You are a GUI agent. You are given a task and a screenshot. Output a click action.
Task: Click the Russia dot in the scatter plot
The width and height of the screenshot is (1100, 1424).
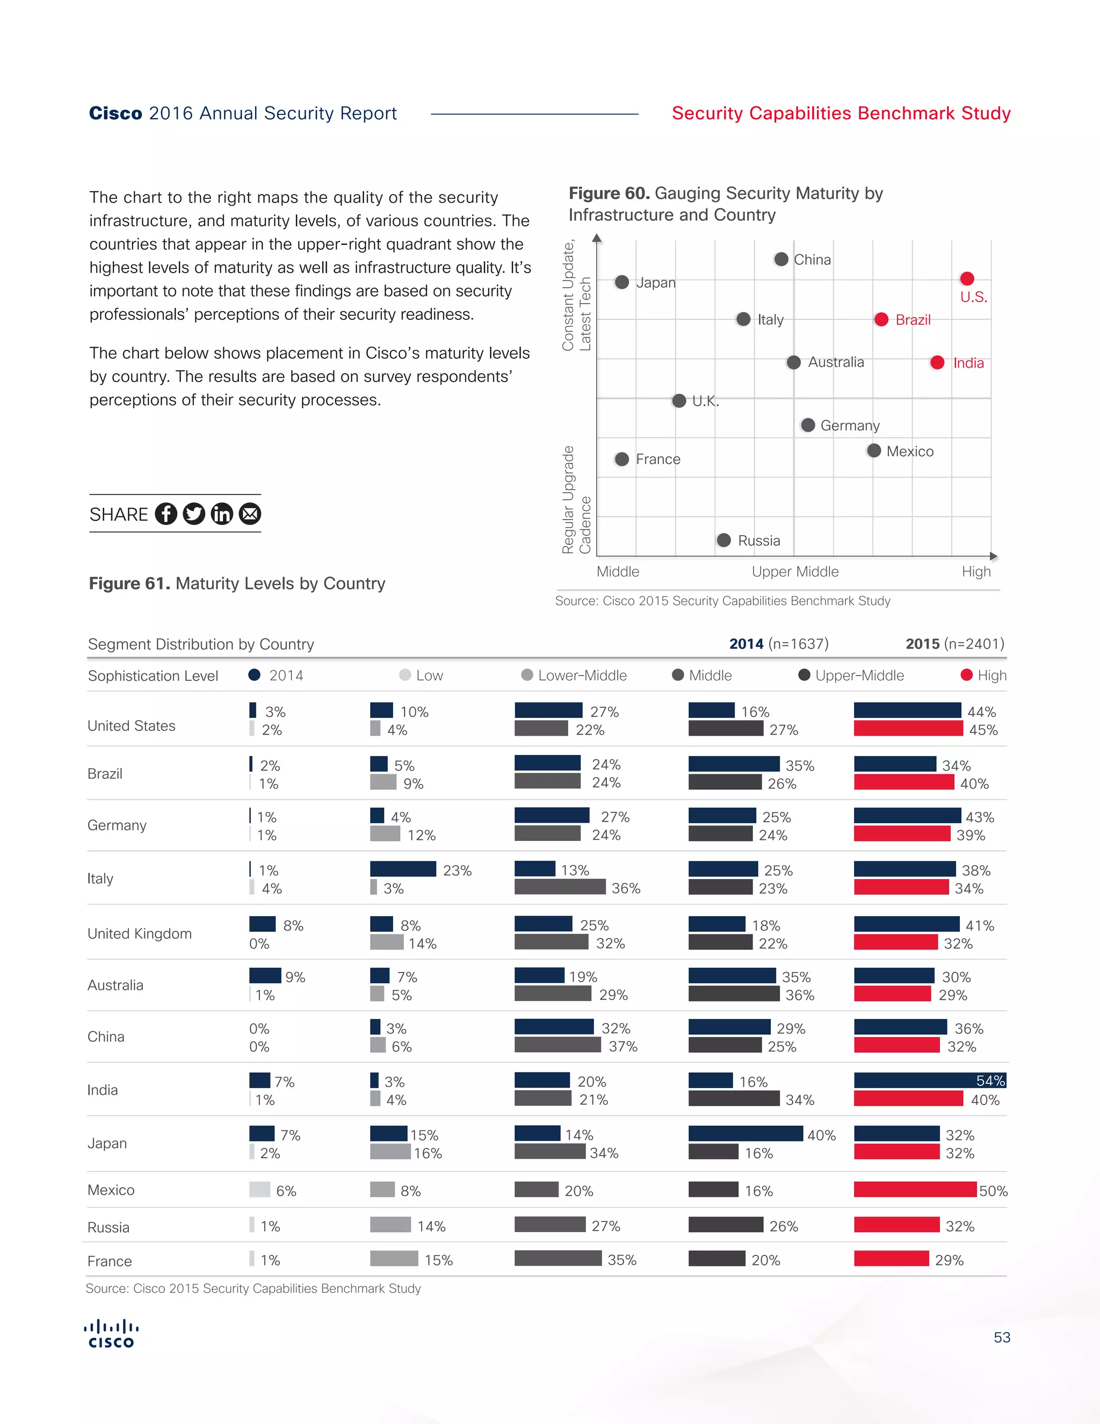click(x=723, y=540)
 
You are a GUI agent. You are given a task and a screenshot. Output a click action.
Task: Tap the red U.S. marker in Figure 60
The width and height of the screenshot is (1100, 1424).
click(x=967, y=279)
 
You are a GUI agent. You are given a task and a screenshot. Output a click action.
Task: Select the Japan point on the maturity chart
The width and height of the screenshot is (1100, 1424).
click(x=621, y=282)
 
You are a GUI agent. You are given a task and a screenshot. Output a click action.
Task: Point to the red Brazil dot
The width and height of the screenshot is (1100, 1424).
click(x=881, y=320)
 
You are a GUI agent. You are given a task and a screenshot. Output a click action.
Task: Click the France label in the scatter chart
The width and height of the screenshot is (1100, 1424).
click(x=657, y=459)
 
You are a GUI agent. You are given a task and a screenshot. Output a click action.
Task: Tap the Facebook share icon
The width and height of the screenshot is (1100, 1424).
click(x=165, y=514)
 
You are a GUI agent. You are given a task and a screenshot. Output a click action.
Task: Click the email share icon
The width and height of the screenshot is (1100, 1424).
click(x=250, y=514)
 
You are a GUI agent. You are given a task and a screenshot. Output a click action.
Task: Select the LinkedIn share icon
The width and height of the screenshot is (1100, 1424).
click(x=222, y=514)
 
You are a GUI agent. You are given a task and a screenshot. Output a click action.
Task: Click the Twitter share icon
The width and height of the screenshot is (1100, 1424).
click(x=193, y=514)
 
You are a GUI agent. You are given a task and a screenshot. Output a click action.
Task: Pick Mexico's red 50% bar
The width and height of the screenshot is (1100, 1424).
click(x=915, y=1190)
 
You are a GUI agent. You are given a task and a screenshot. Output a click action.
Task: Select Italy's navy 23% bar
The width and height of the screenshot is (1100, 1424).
click(x=403, y=869)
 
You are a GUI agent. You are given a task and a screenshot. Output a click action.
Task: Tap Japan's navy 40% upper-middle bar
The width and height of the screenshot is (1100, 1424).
click(x=746, y=1134)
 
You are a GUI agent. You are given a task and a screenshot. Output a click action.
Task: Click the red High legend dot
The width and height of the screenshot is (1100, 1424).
click(x=966, y=675)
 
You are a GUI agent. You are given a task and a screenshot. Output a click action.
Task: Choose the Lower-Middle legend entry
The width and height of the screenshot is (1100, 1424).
click(x=574, y=675)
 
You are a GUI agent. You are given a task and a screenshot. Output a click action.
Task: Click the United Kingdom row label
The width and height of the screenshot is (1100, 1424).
click(x=140, y=934)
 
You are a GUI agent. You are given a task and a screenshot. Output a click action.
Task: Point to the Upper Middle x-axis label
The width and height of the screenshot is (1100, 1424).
click(x=795, y=572)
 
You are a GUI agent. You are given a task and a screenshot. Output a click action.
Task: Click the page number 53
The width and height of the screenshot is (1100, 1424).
click(x=1002, y=1337)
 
